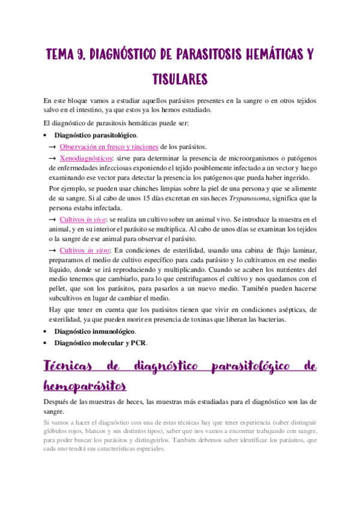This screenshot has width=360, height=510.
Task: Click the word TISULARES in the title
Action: [180, 79]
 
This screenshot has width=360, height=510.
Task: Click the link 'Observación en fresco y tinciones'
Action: [109, 146]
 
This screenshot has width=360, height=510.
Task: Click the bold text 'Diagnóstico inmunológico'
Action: [94, 332]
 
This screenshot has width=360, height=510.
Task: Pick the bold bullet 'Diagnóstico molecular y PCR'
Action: [100, 343]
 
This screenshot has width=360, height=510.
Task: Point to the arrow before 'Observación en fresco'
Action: [52, 146]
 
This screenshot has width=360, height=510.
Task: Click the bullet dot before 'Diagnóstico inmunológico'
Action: [46, 332]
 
